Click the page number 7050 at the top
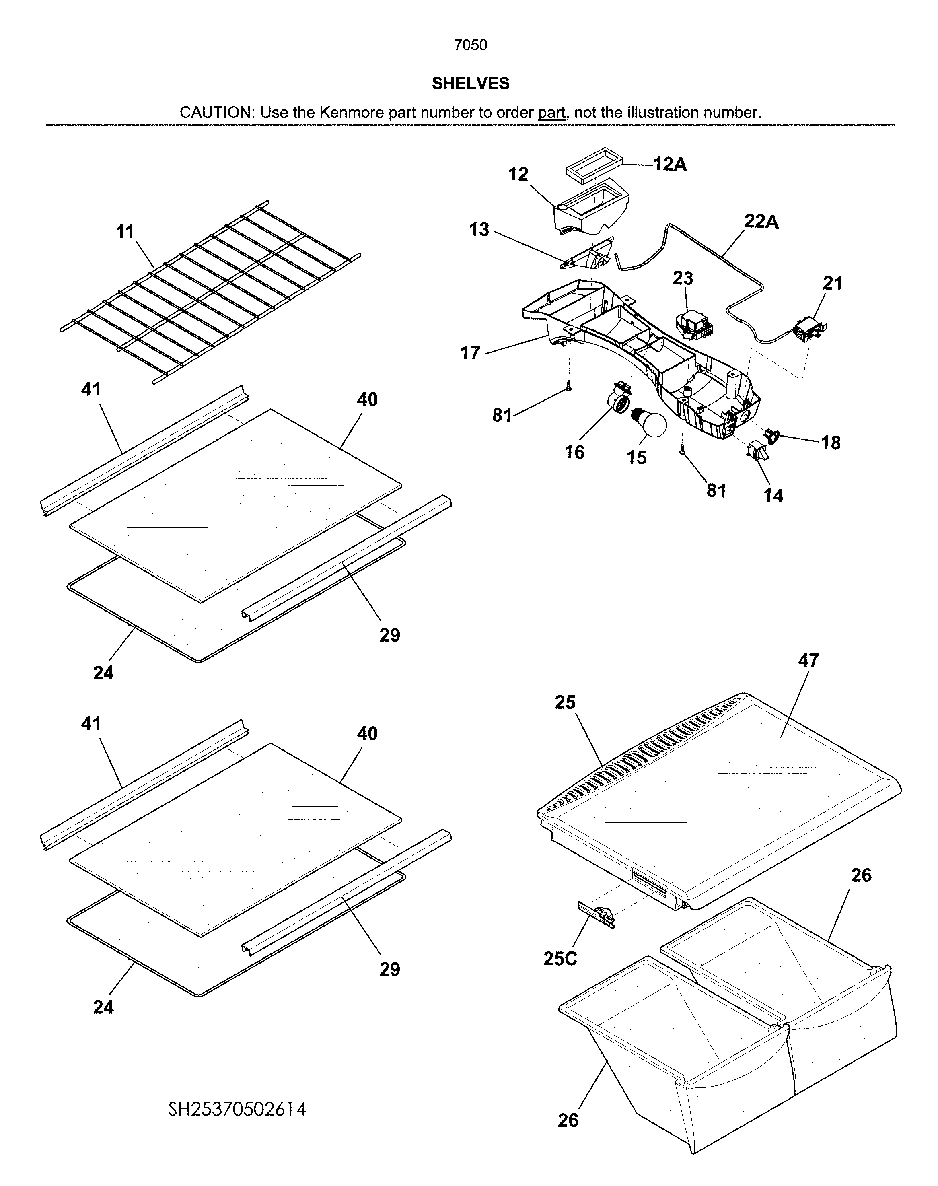click(x=470, y=45)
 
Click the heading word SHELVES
click(x=470, y=84)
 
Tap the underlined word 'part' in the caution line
click(x=551, y=113)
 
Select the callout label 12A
click(x=670, y=164)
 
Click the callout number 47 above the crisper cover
click(x=808, y=660)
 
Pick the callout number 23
click(x=683, y=278)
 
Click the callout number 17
click(x=470, y=353)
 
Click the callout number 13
click(x=479, y=230)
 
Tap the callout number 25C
click(x=560, y=959)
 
